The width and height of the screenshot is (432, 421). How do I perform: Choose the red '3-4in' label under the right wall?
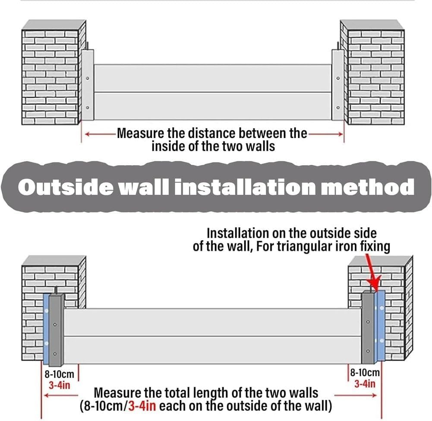coord(365,383)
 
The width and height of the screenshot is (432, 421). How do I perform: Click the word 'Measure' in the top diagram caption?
coord(139,133)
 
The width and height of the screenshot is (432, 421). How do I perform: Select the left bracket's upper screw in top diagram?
coord(88,78)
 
